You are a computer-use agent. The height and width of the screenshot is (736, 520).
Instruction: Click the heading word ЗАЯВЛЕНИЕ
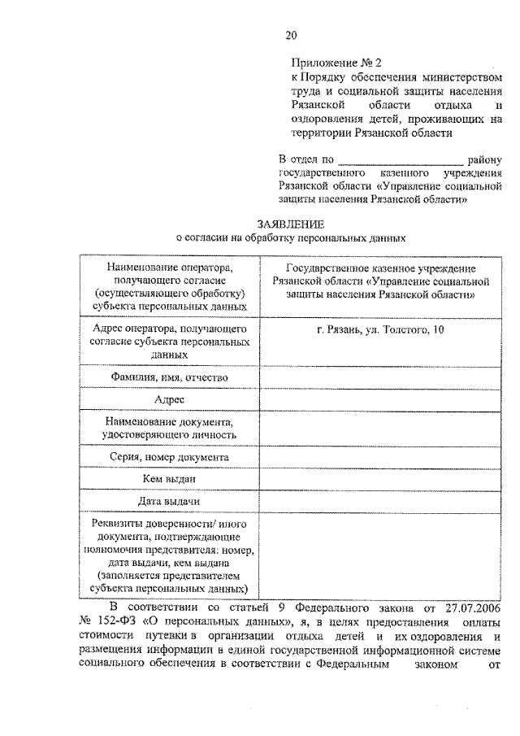[290, 224]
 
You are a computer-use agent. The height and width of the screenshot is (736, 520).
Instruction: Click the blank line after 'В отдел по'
[400, 160]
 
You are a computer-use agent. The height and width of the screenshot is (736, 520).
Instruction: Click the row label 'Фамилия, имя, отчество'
[170, 377]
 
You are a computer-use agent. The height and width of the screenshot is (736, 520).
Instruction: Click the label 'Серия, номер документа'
[170, 458]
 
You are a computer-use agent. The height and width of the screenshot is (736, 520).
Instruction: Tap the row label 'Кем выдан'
[170, 480]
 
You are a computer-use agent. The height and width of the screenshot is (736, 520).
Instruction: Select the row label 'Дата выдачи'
[170, 502]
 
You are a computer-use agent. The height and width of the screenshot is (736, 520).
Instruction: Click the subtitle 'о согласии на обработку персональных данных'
[290, 238]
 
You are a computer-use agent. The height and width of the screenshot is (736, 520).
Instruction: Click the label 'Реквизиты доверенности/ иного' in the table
[170, 523]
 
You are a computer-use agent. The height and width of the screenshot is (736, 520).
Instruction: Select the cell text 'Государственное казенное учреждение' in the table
[381, 267]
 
